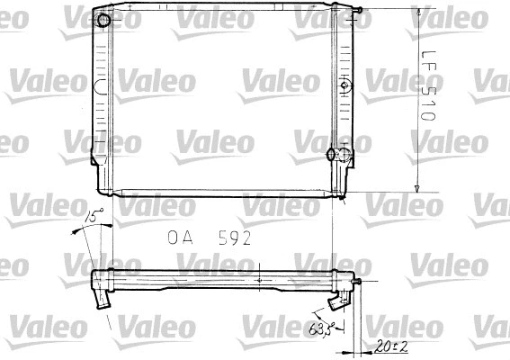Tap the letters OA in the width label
point(180,239)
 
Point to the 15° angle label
point(94,216)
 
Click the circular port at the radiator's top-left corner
point(104,20)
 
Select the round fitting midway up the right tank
point(344,86)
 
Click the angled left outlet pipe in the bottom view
point(100,296)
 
